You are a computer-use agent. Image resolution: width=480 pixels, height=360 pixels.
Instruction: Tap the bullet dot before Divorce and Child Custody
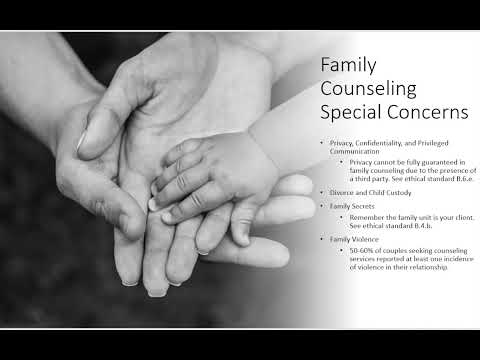[x=320, y=191]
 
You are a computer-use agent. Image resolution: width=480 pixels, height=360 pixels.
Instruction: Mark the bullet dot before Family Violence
[x=320, y=239]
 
